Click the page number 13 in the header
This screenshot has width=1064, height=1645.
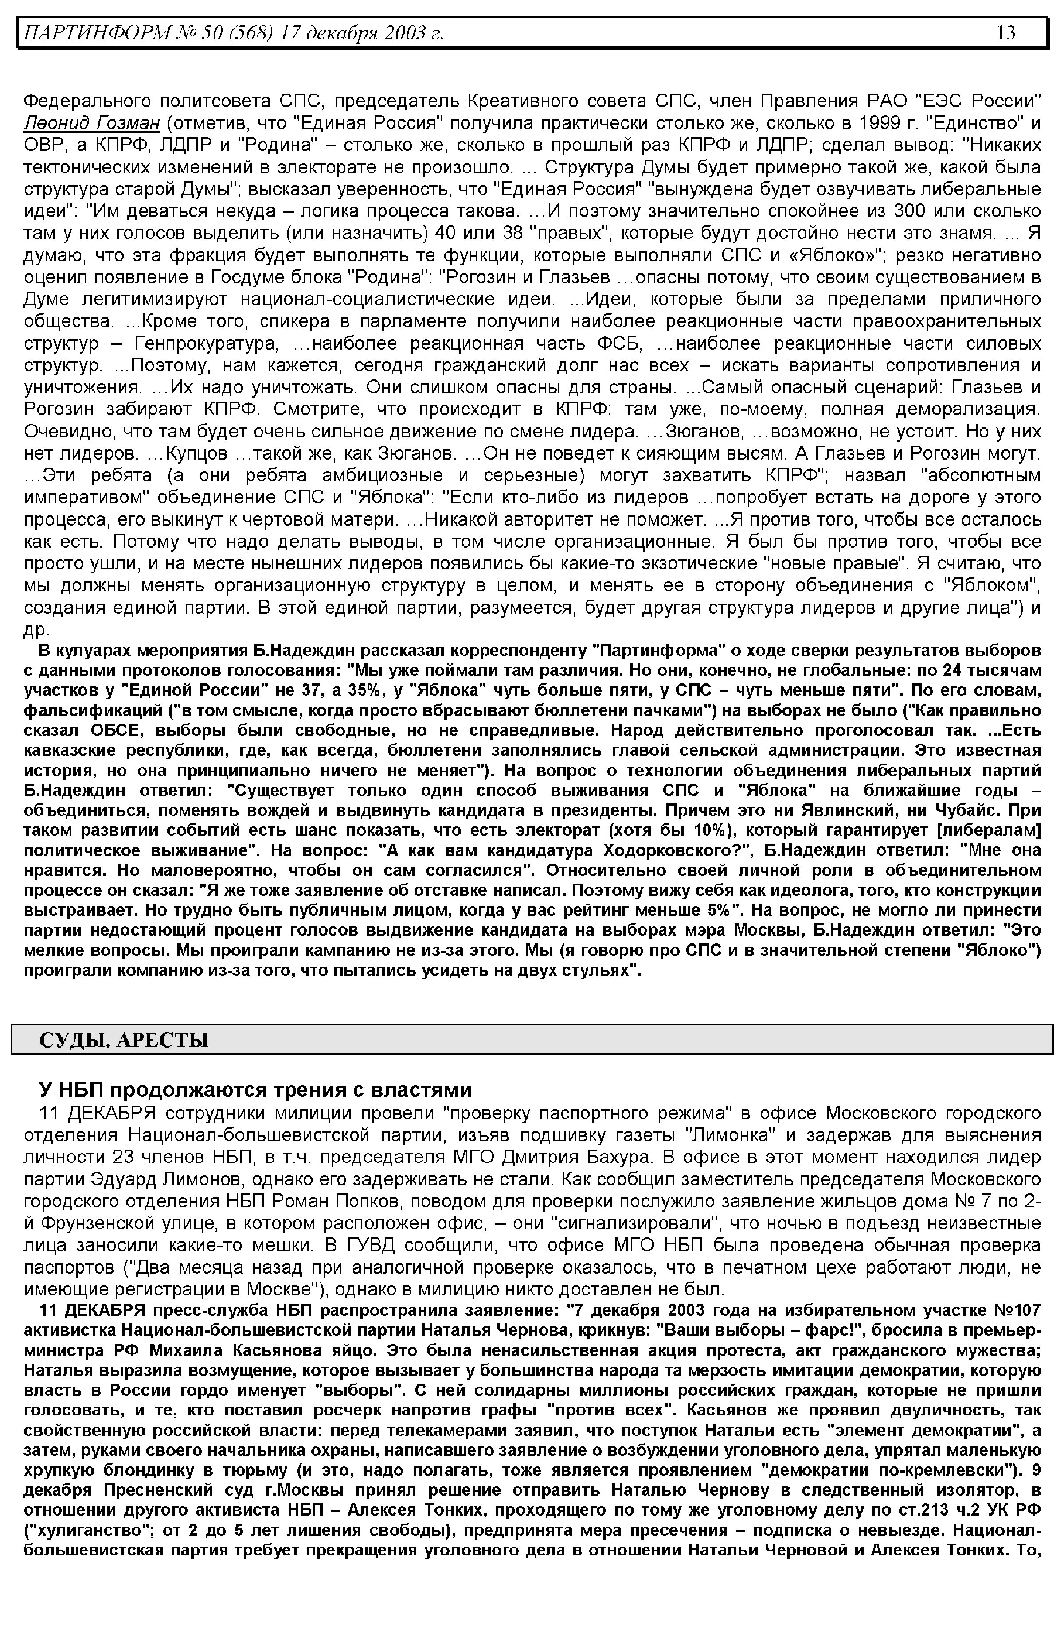(1005, 32)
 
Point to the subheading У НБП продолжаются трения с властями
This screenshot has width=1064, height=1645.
(255, 1090)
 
